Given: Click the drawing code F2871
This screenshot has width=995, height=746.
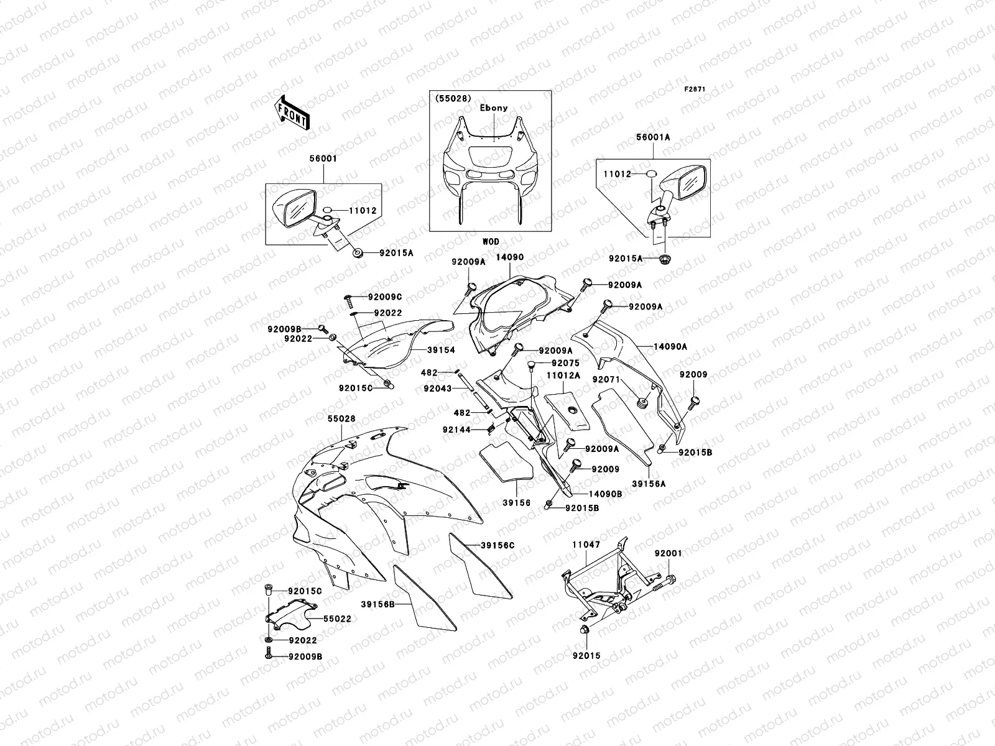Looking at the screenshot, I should (696, 90).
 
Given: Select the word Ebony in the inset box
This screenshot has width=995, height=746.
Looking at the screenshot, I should (493, 108).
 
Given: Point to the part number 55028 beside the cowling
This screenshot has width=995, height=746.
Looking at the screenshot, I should (341, 419).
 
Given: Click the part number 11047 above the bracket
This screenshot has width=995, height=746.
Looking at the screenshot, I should (586, 544).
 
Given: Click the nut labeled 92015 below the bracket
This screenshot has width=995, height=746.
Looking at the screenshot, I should (585, 632).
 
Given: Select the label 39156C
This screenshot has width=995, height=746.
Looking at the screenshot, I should (497, 545).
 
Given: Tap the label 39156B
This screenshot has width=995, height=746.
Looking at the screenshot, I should (377, 603).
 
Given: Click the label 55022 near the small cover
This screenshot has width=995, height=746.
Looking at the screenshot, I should (337, 619).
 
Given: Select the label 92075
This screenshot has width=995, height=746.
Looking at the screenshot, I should (565, 363).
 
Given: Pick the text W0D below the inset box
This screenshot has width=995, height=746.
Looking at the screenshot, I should (491, 241).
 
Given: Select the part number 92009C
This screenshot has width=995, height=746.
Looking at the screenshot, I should (385, 297).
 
